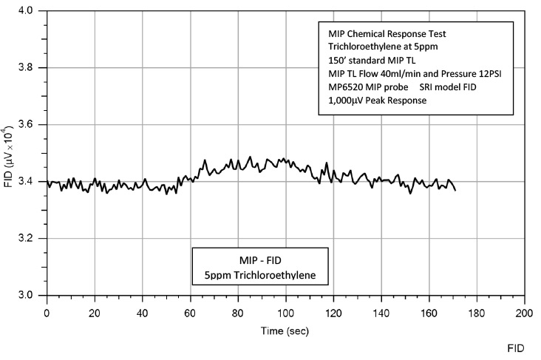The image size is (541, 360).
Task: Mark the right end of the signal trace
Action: coord(455,190)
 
